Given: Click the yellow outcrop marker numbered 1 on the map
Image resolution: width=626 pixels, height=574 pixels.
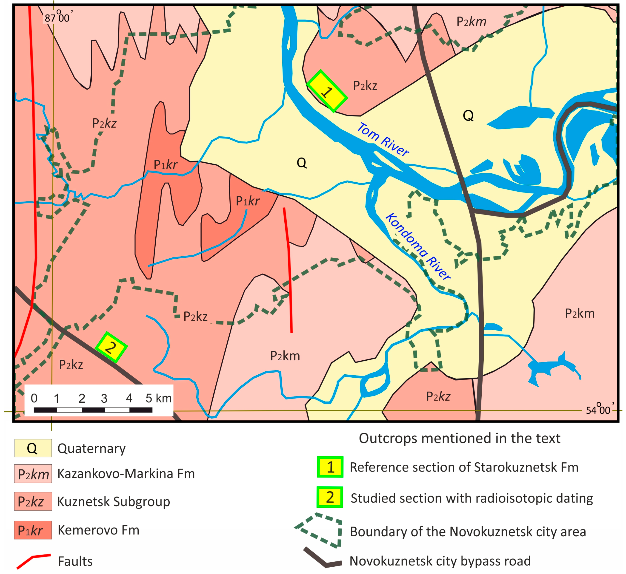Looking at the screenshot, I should tap(327, 91).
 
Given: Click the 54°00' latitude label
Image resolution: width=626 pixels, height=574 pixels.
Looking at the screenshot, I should tap(599, 410).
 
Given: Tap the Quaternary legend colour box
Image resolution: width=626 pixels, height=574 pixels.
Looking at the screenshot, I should tap(33, 448).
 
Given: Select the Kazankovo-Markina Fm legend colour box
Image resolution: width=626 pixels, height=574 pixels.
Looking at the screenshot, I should tap(33, 473).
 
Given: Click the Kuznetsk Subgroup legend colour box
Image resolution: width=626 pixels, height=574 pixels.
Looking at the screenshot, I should tap(33, 501).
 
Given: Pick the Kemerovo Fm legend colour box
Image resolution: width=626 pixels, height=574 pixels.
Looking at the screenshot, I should tap(33, 530).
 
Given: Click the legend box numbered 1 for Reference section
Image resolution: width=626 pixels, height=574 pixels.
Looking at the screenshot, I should tap(330, 467).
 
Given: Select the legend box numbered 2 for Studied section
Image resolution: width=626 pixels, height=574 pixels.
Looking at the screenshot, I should tap(330, 497).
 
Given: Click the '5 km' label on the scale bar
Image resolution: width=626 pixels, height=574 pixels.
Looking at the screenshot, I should tap(159, 398).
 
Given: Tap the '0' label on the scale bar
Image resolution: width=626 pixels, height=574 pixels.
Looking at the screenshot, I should tap(34, 398).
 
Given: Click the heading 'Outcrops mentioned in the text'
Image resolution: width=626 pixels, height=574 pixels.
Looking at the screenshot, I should tap(459, 438).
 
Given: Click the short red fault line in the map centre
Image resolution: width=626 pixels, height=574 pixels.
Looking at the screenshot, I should tap(289, 270).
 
